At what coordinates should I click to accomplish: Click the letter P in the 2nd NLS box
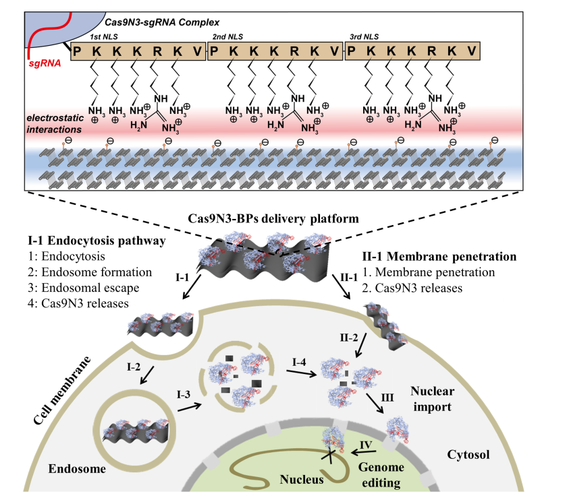tap(217, 51)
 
